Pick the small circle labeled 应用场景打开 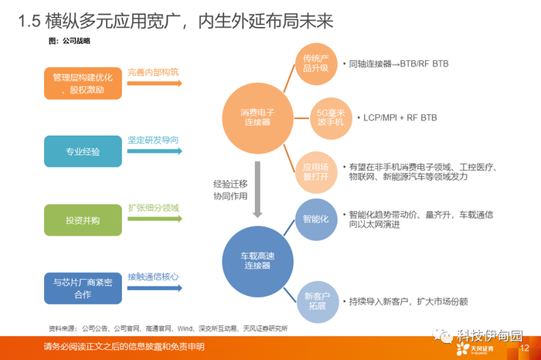316,172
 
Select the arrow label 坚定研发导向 153,141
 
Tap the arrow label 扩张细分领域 153,209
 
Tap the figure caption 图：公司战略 70,40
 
